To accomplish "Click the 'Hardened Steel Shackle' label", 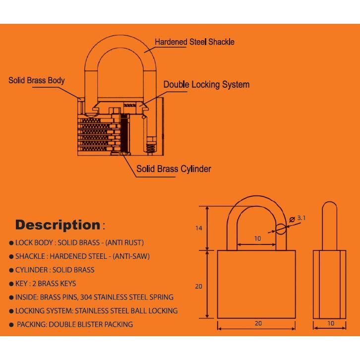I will point(194,42).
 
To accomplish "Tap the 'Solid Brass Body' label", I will point(37,80).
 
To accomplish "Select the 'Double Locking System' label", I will point(206,85).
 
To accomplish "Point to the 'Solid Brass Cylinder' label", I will point(174,169).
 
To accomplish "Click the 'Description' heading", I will point(58,225).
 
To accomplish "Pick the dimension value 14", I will point(199,228).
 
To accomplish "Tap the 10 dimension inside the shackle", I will point(258,239).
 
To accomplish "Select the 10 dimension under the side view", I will point(331,323).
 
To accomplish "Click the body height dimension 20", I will point(199,286).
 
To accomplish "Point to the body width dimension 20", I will point(258,323).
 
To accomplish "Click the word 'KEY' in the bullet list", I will point(23,284).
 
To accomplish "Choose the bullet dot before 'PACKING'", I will point(11,325).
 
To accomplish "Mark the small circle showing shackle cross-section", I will point(281,229).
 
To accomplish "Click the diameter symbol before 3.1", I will point(291,218).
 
